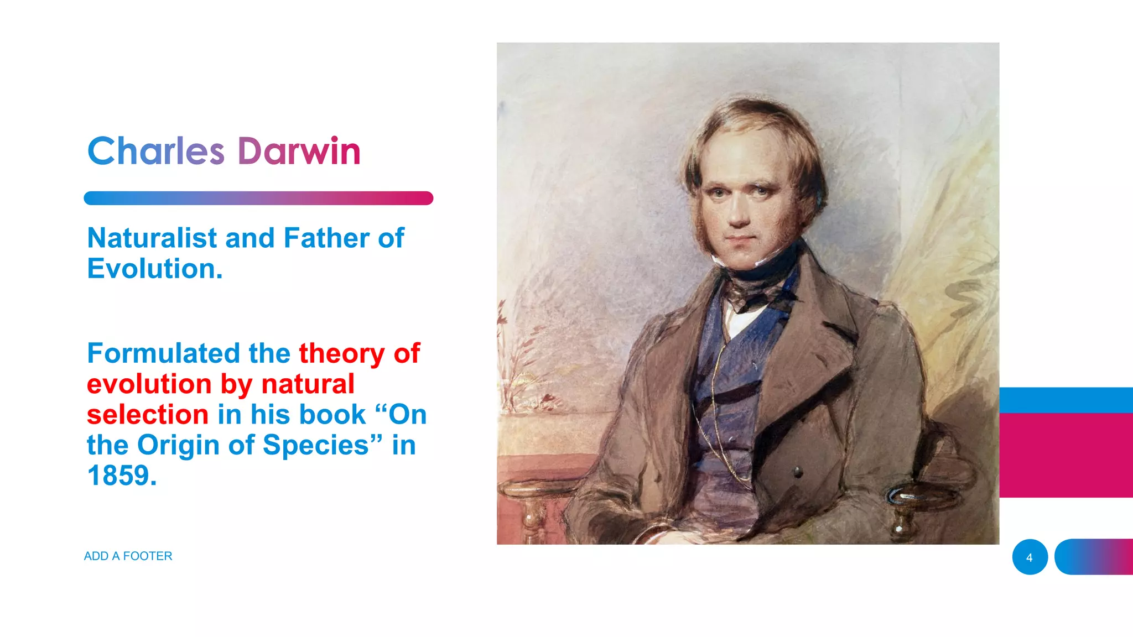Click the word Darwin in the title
(299, 151)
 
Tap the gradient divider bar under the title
(258, 198)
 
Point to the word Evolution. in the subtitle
(155, 269)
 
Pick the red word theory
(341, 353)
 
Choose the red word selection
(148, 415)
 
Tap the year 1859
(122, 476)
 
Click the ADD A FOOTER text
(128, 556)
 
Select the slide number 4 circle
(1030, 557)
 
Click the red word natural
(308, 384)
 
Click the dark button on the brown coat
(798, 472)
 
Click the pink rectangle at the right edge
(1066, 455)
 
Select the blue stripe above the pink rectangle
(1066, 400)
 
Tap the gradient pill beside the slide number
(1094, 557)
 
